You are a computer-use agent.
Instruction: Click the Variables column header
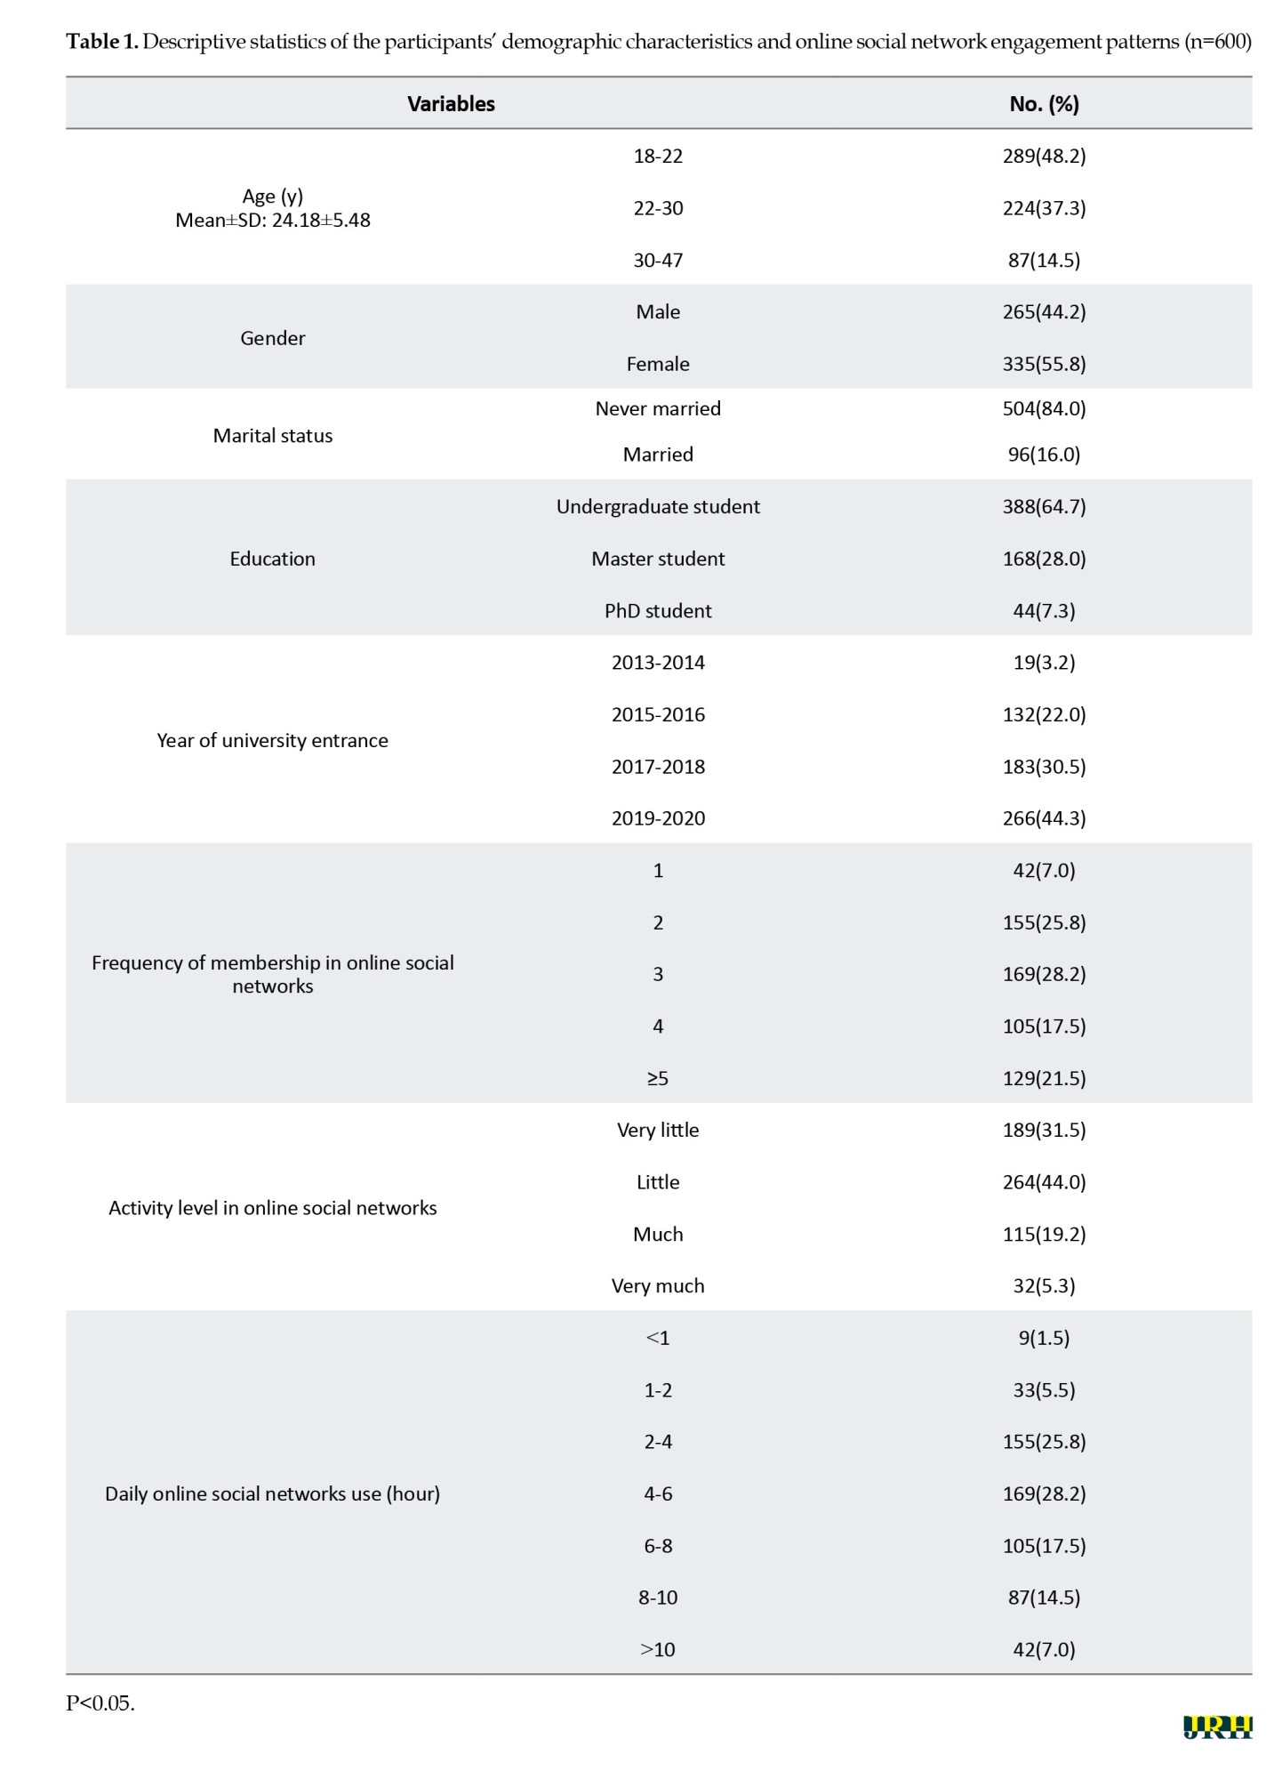tap(451, 104)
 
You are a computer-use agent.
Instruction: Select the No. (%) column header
tap(1044, 104)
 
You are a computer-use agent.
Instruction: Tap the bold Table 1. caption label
tap(102, 42)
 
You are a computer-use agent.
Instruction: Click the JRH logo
tap(1217, 1727)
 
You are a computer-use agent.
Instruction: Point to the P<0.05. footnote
tap(100, 1703)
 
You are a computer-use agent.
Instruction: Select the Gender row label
tap(272, 338)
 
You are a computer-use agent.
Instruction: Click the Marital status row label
tap(272, 436)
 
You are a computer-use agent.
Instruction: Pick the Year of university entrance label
tap(272, 740)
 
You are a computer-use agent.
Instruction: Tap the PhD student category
tap(658, 611)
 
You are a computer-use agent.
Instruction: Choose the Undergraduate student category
tap(658, 507)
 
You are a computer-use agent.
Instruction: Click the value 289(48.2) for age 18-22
tap(1044, 157)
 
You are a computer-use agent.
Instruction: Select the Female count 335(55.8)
tap(1044, 364)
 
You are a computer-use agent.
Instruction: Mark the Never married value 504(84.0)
tap(1044, 409)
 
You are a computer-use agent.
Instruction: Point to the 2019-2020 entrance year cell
tap(658, 818)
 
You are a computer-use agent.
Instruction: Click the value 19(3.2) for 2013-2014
tap(1044, 663)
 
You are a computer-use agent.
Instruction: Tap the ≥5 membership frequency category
tap(658, 1078)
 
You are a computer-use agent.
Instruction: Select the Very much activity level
tap(658, 1286)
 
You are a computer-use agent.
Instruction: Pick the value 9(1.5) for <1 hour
tap(1044, 1338)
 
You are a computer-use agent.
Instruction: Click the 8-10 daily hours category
tap(658, 1598)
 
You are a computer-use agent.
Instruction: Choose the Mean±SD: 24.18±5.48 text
tap(272, 221)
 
